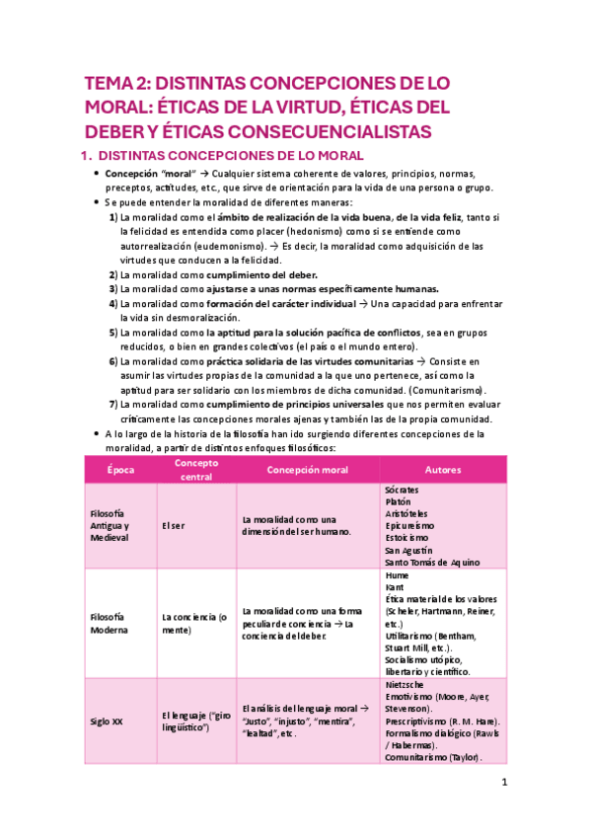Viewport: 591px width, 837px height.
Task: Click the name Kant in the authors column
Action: tap(395, 587)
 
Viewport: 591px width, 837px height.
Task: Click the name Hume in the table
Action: tap(397, 574)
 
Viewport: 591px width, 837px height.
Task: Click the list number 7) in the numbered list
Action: tap(113, 405)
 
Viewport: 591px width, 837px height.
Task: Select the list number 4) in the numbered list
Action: tap(113, 304)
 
